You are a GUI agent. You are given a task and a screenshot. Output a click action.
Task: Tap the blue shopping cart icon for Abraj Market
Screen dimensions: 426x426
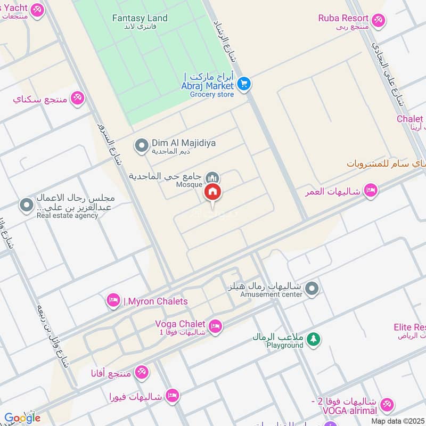244,84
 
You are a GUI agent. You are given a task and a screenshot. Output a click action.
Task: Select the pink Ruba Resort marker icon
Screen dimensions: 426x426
378,20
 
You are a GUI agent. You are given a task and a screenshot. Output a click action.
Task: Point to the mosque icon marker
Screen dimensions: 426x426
212,177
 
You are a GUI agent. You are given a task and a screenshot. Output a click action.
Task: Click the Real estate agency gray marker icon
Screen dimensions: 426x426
26,204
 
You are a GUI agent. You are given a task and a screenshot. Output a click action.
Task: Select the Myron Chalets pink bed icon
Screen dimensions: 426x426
113,301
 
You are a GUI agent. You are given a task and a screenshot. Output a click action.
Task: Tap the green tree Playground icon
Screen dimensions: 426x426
314,339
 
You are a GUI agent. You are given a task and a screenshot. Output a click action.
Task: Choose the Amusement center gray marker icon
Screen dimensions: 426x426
313,289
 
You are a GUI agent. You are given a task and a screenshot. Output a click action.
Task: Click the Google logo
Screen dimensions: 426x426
22,418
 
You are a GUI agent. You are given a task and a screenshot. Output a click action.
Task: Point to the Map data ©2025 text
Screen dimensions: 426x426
398,421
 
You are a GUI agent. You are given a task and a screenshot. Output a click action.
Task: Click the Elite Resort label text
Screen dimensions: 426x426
409,327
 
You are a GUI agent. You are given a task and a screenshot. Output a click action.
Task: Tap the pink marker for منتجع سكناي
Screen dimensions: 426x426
78,98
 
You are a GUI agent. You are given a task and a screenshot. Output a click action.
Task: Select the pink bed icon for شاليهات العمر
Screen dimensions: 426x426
371,190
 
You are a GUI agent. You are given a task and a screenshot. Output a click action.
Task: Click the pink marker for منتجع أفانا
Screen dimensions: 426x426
141,373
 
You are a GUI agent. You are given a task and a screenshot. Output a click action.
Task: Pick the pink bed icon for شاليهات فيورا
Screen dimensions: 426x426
171,395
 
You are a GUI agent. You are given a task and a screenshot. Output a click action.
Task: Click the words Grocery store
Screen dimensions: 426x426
211,94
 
